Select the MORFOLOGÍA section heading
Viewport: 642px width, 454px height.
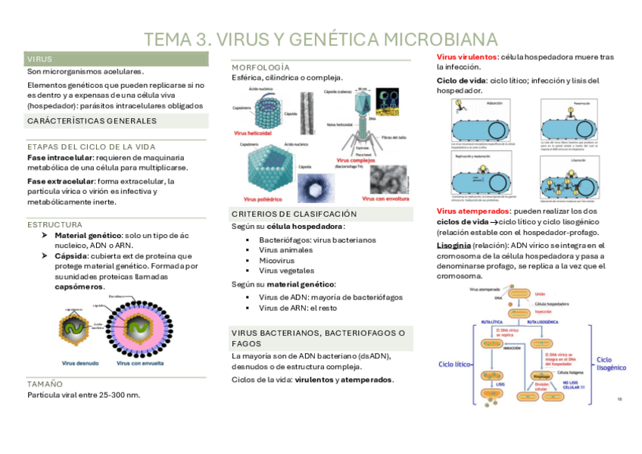260,67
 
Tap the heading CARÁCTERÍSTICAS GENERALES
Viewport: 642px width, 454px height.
92,121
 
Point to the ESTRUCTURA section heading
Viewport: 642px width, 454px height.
55,224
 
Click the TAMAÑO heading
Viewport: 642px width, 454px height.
45,384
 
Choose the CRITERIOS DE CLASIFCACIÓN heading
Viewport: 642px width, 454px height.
293,214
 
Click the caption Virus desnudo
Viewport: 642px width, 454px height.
80,363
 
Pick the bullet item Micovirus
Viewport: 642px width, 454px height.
276,260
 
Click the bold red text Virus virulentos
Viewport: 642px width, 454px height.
467,58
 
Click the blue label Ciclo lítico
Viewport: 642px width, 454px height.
457,364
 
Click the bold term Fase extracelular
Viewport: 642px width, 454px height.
60,181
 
